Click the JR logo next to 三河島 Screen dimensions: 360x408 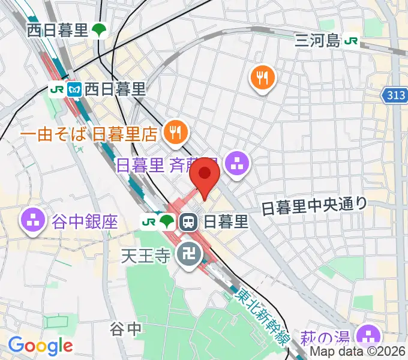[x=352, y=40]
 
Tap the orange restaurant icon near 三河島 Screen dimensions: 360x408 [x=262, y=76]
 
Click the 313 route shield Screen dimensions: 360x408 [x=394, y=95]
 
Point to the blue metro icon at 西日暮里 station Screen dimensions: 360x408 [x=74, y=90]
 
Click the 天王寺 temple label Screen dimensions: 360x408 [x=146, y=257]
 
